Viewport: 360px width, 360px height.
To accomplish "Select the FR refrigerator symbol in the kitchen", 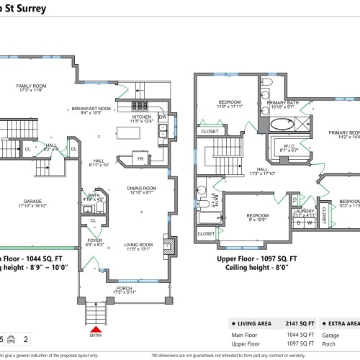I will pos(140,158).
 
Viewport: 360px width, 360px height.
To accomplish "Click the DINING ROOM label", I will pos(141,190).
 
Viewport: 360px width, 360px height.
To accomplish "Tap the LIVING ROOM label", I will pos(140,246).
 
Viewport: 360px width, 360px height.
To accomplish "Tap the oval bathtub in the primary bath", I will pos(279,124).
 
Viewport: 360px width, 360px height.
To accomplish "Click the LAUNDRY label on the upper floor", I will pos(305,212).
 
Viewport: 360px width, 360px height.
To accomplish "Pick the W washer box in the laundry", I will pos(310,223).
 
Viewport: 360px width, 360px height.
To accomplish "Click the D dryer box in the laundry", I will pos(298,223).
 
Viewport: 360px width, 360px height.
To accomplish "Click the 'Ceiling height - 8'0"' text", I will pos(257,267).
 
